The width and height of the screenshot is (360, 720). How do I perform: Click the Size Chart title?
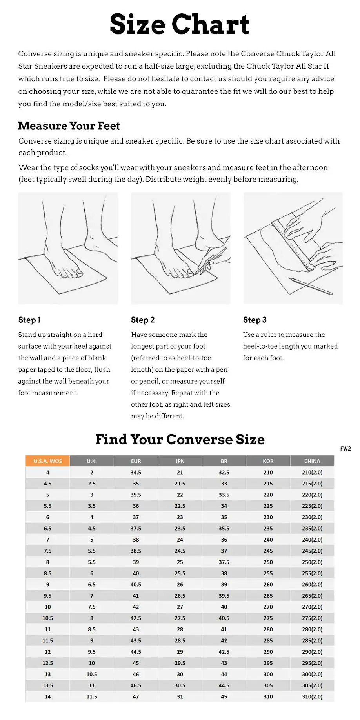180,24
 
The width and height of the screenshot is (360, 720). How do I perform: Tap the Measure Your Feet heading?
69,126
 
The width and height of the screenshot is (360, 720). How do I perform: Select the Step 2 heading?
143,320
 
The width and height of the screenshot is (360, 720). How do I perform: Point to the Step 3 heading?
255,320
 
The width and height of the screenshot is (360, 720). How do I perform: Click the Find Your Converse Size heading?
180,439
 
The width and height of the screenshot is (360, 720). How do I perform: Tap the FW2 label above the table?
345,449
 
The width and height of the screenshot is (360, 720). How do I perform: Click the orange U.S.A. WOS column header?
48,461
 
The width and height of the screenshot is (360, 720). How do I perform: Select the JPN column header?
180,461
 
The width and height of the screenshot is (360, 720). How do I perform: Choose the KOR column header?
268,461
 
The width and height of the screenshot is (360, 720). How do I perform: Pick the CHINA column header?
312,461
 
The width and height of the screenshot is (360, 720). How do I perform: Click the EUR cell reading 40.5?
136,584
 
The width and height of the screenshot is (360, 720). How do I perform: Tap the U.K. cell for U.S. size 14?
92,696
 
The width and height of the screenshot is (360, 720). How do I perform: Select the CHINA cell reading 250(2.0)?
312,562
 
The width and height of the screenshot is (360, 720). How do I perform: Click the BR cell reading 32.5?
224,472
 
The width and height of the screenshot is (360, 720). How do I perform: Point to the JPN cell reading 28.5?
180,640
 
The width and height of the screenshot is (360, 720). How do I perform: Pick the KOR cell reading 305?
268,685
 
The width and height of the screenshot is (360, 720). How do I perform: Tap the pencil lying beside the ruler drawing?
310,286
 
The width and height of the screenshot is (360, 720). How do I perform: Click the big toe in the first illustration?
78,271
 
